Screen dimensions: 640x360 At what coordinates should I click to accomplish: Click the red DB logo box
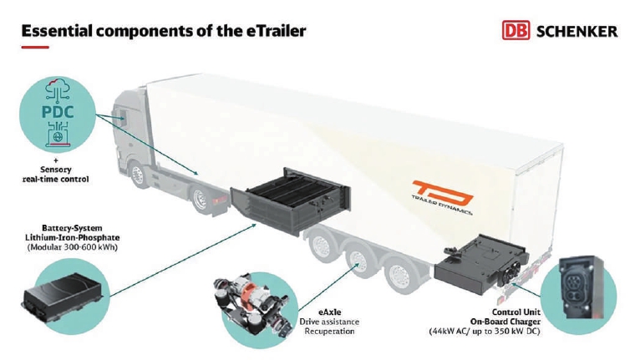516,31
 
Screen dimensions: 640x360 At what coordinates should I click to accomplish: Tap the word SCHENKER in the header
577,32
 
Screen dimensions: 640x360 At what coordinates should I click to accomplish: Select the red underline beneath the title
35,48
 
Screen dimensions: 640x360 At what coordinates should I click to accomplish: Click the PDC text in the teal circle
58,112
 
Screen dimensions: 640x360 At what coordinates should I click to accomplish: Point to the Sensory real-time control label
55,174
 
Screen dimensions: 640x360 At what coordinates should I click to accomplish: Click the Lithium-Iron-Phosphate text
73,237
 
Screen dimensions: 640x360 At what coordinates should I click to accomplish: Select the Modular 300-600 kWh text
72,247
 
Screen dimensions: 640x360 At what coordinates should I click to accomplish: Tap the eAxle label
330,312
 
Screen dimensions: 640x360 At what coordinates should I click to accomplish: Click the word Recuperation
329,331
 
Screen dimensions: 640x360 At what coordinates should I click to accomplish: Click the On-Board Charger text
505,322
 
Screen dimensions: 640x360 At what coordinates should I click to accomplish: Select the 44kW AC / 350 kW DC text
485,331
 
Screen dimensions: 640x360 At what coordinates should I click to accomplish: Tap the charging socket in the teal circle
580,287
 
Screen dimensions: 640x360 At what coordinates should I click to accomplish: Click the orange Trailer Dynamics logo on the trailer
443,197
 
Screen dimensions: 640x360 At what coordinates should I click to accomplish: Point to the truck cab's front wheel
139,175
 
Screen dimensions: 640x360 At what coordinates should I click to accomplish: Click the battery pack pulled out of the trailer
291,200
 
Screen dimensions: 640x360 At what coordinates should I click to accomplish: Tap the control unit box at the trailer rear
481,263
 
